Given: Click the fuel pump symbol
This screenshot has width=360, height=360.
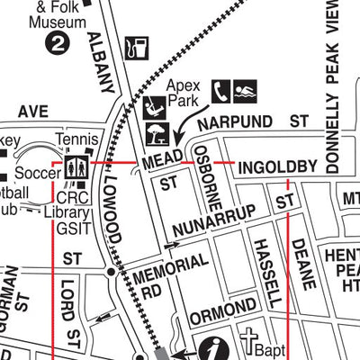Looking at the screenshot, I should (x=138, y=48).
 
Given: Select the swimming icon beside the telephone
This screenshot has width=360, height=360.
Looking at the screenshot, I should (x=246, y=91).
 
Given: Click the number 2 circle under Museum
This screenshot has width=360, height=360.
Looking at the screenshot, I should (x=58, y=41).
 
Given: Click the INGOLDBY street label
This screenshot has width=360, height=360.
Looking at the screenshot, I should (x=277, y=167).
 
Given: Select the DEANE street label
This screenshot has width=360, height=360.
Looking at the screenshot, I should (x=303, y=257).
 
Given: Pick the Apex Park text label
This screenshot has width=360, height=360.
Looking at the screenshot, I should (x=183, y=92).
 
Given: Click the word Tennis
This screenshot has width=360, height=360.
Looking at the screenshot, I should (x=75, y=140).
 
